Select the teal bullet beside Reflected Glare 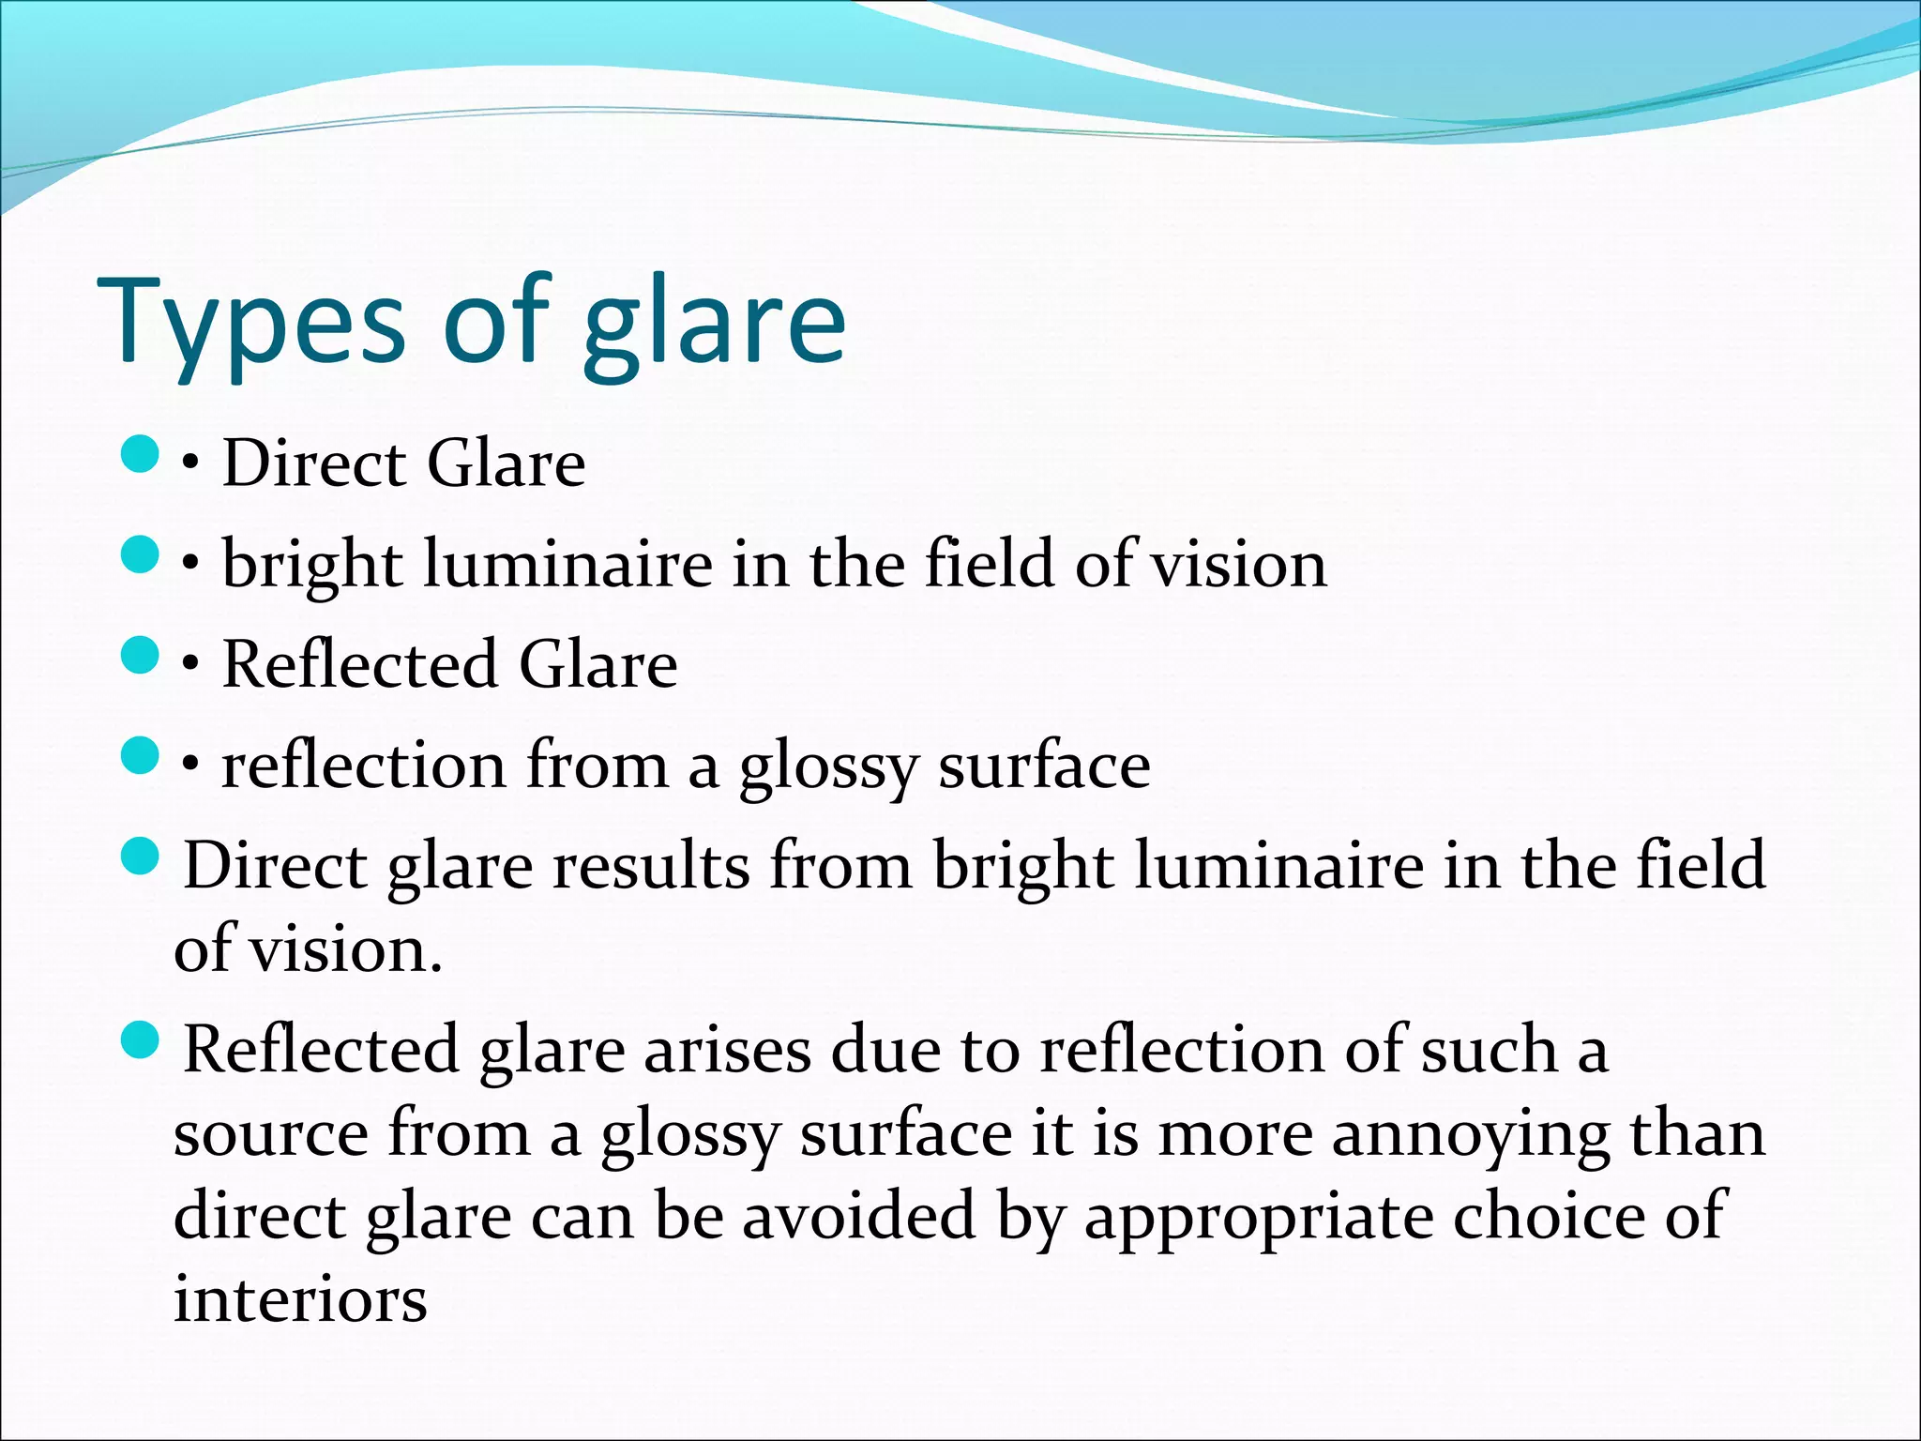click(141, 655)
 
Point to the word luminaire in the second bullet click(567, 565)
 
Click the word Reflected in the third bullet click(358, 664)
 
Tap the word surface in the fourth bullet click(1044, 766)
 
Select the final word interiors click(300, 1300)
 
